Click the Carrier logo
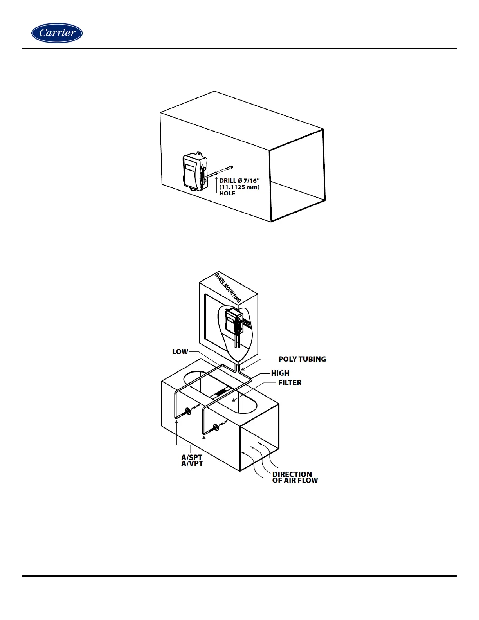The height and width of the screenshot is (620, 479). tap(57, 33)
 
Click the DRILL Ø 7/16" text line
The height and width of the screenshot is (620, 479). tap(239, 180)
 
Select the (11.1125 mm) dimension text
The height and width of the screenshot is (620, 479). tap(239, 187)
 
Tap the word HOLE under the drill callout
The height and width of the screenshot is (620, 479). tap(227, 193)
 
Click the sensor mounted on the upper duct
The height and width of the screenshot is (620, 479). tap(195, 172)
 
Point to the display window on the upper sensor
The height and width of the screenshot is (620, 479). tap(190, 167)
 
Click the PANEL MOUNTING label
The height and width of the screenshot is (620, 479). tap(228, 288)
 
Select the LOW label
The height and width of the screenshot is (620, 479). tap(180, 351)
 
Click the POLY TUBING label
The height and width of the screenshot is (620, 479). tap(302, 359)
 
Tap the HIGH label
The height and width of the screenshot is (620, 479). tap(280, 373)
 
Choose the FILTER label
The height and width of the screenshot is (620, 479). tap(290, 382)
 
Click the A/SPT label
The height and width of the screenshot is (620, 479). tap(192, 457)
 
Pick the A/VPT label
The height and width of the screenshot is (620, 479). tap(192, 463)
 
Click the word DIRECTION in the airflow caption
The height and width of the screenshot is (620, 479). tap(292, 474)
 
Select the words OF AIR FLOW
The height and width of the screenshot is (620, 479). tap(295, 480)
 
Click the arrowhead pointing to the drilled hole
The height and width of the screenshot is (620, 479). tap(217, 177)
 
